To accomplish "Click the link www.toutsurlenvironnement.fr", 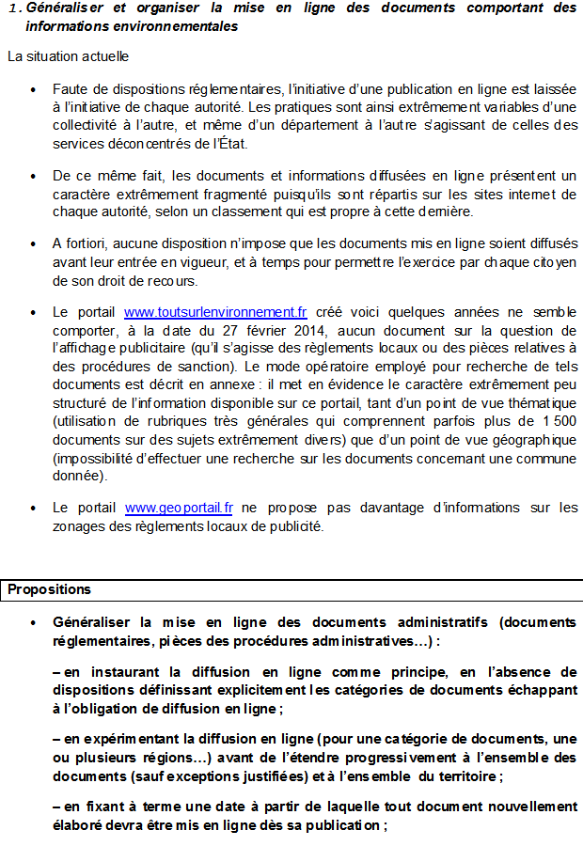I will pyautogui.click(x=215, y=312).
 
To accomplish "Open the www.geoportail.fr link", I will pyautogui.click(x=178, y=508).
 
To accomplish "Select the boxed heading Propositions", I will pyautogui.click(x=50, y=590).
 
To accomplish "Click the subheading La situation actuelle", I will pyautogui.click(x=68, y=55).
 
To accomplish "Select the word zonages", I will pyautogui.click(x=77, y=526).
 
